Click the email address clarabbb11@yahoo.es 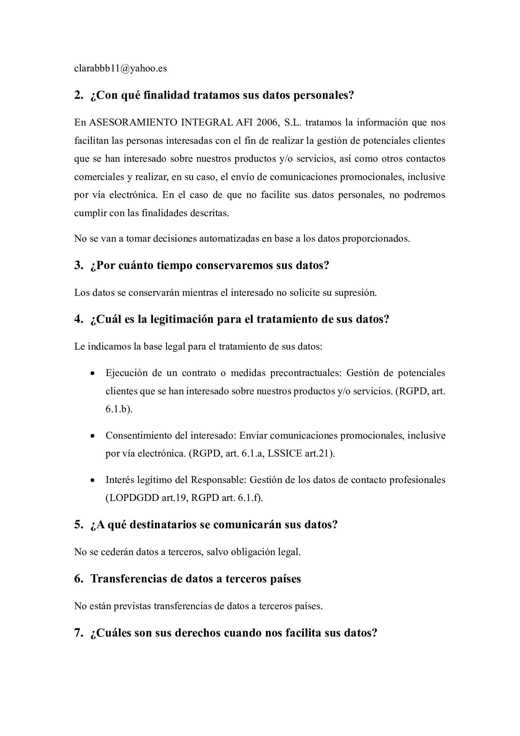[120, 69]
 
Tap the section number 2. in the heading [79, 95]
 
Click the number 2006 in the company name [267, 122]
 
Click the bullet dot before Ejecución [92, 374]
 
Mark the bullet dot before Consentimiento [92, 436]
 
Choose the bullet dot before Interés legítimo [92, 480]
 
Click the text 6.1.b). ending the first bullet [119, 409]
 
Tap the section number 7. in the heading [79, 633]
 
